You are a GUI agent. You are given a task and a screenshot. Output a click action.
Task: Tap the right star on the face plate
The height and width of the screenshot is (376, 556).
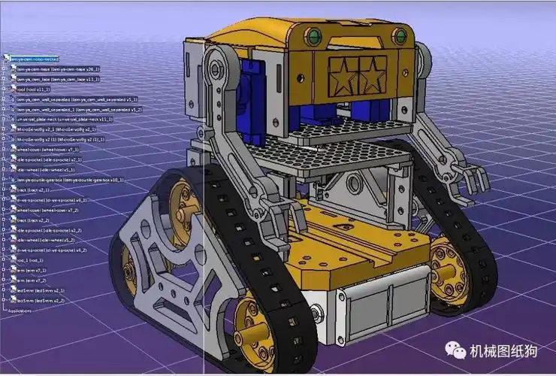tap(369, 74)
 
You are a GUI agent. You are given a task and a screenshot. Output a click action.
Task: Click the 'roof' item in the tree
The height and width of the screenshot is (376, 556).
tap(30, 88)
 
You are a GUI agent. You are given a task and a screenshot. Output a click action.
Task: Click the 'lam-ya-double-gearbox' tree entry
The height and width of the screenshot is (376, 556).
tap(64, 180)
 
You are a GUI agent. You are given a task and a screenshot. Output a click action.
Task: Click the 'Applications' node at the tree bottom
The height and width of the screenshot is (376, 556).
tap(21, 309)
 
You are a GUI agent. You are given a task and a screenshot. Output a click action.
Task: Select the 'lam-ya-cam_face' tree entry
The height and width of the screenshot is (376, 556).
tap(57, 78)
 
